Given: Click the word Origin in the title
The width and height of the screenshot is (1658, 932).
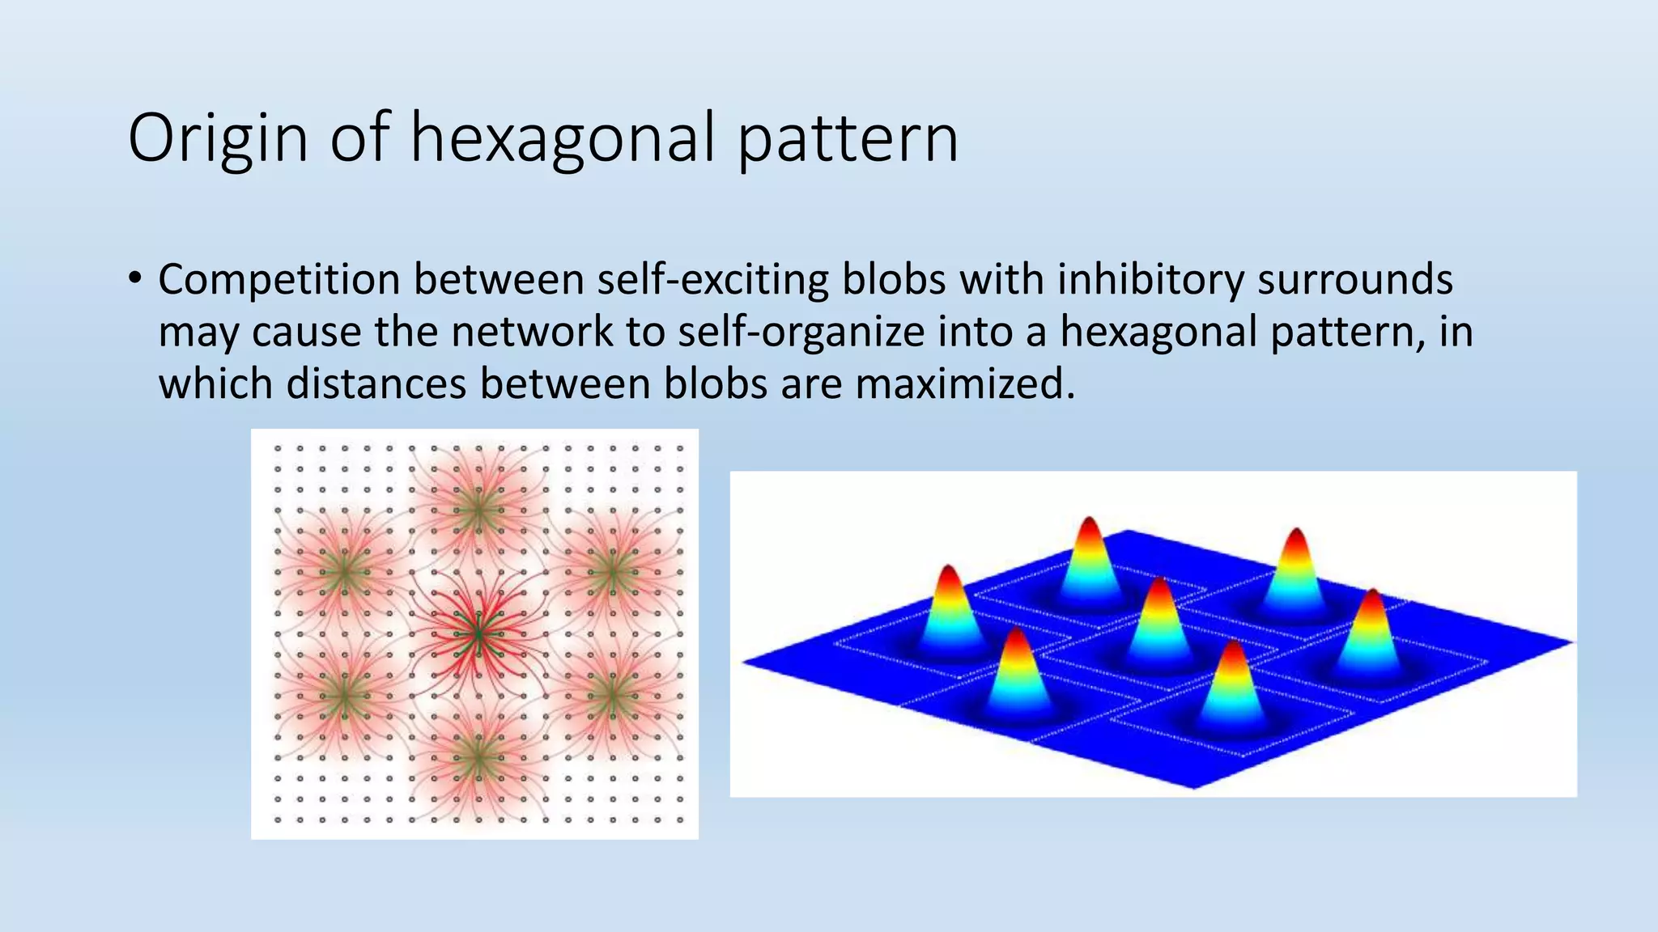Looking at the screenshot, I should pos(218,139).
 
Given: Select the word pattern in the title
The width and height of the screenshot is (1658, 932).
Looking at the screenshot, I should pos(848,139).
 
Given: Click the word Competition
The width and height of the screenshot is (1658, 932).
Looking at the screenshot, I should pos(279,280).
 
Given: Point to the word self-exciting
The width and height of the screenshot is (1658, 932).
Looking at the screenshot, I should pos(713,280).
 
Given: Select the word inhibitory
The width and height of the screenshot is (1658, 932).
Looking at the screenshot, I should pos(1150,280).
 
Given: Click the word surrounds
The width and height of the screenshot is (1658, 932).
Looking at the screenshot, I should pos(1355,280).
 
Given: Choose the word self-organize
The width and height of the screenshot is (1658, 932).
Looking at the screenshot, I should pos(801,332).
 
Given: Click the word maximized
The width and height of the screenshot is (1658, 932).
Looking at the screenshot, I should pos(965,383).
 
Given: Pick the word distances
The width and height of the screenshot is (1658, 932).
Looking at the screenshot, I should pos(377,383).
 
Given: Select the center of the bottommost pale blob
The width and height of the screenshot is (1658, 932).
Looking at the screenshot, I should pos(478,759).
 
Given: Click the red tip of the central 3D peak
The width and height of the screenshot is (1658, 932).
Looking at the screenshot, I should pos(1160,584).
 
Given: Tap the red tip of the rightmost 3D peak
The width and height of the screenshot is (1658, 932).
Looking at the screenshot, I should pos(1372,596).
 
